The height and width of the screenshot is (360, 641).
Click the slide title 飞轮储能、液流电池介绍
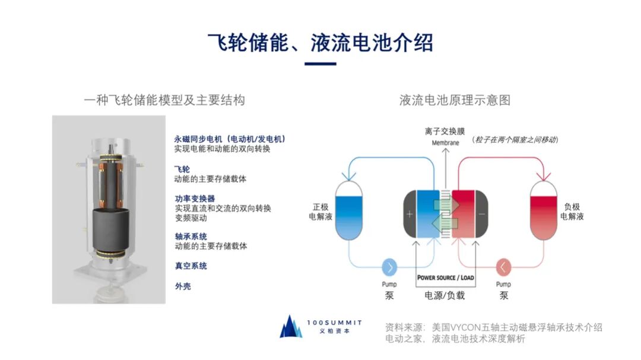pyautogui.click(x=320, y=43)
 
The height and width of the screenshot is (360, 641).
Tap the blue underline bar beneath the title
pyautogui.click(x=320, y=63)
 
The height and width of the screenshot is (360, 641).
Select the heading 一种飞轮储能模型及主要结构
pyautogui.click(x=164, y=100)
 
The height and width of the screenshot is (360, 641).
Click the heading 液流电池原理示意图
pyautogui.click(x=455, y=100)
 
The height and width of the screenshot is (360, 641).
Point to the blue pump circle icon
pyautogui.click(x=390, y=268)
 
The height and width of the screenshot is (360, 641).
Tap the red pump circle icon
pyautogui.click(x=503, y=268)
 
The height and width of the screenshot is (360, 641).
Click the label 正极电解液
pyautogui.click(x=320, y=212)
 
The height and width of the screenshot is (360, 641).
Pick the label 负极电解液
pyautogui.click(x=572, y=212)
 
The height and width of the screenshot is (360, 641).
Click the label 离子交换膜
pyautogui.click(x=445, y=130)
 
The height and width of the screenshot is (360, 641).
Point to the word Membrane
pyautogui.click(x=445, y=142)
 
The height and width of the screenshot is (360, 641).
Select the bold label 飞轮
pyautogui.click(x=182, y=169)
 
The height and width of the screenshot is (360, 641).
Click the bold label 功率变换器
pyautogui.click(x=195, y=198)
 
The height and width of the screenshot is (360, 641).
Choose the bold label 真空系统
pyautogui.click(x=191, y=266)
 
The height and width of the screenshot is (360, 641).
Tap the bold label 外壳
pyautogui.click(x=182, y=286)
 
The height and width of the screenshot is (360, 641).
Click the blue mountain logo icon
pyautogui.click(x=291, y=327)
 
